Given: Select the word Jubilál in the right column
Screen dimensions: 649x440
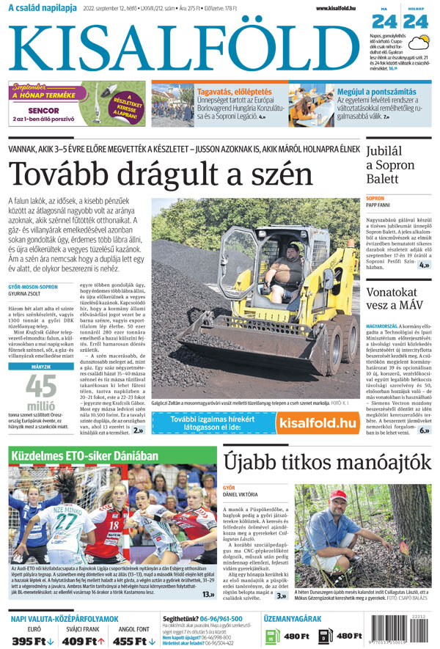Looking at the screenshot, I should [388, 151].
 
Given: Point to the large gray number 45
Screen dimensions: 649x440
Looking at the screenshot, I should [41, 386].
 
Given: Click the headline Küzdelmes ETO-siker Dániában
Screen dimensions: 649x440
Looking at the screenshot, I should [84, 455].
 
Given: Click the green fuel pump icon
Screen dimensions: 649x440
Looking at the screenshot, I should [271, 636].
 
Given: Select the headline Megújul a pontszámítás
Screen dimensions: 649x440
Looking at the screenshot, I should [376, 92].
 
